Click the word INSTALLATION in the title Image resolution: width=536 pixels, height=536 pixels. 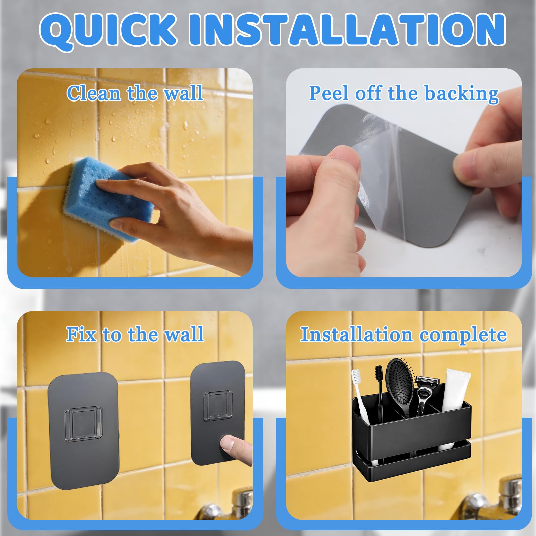point(347,29)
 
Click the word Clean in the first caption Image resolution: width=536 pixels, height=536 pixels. point(93,93)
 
